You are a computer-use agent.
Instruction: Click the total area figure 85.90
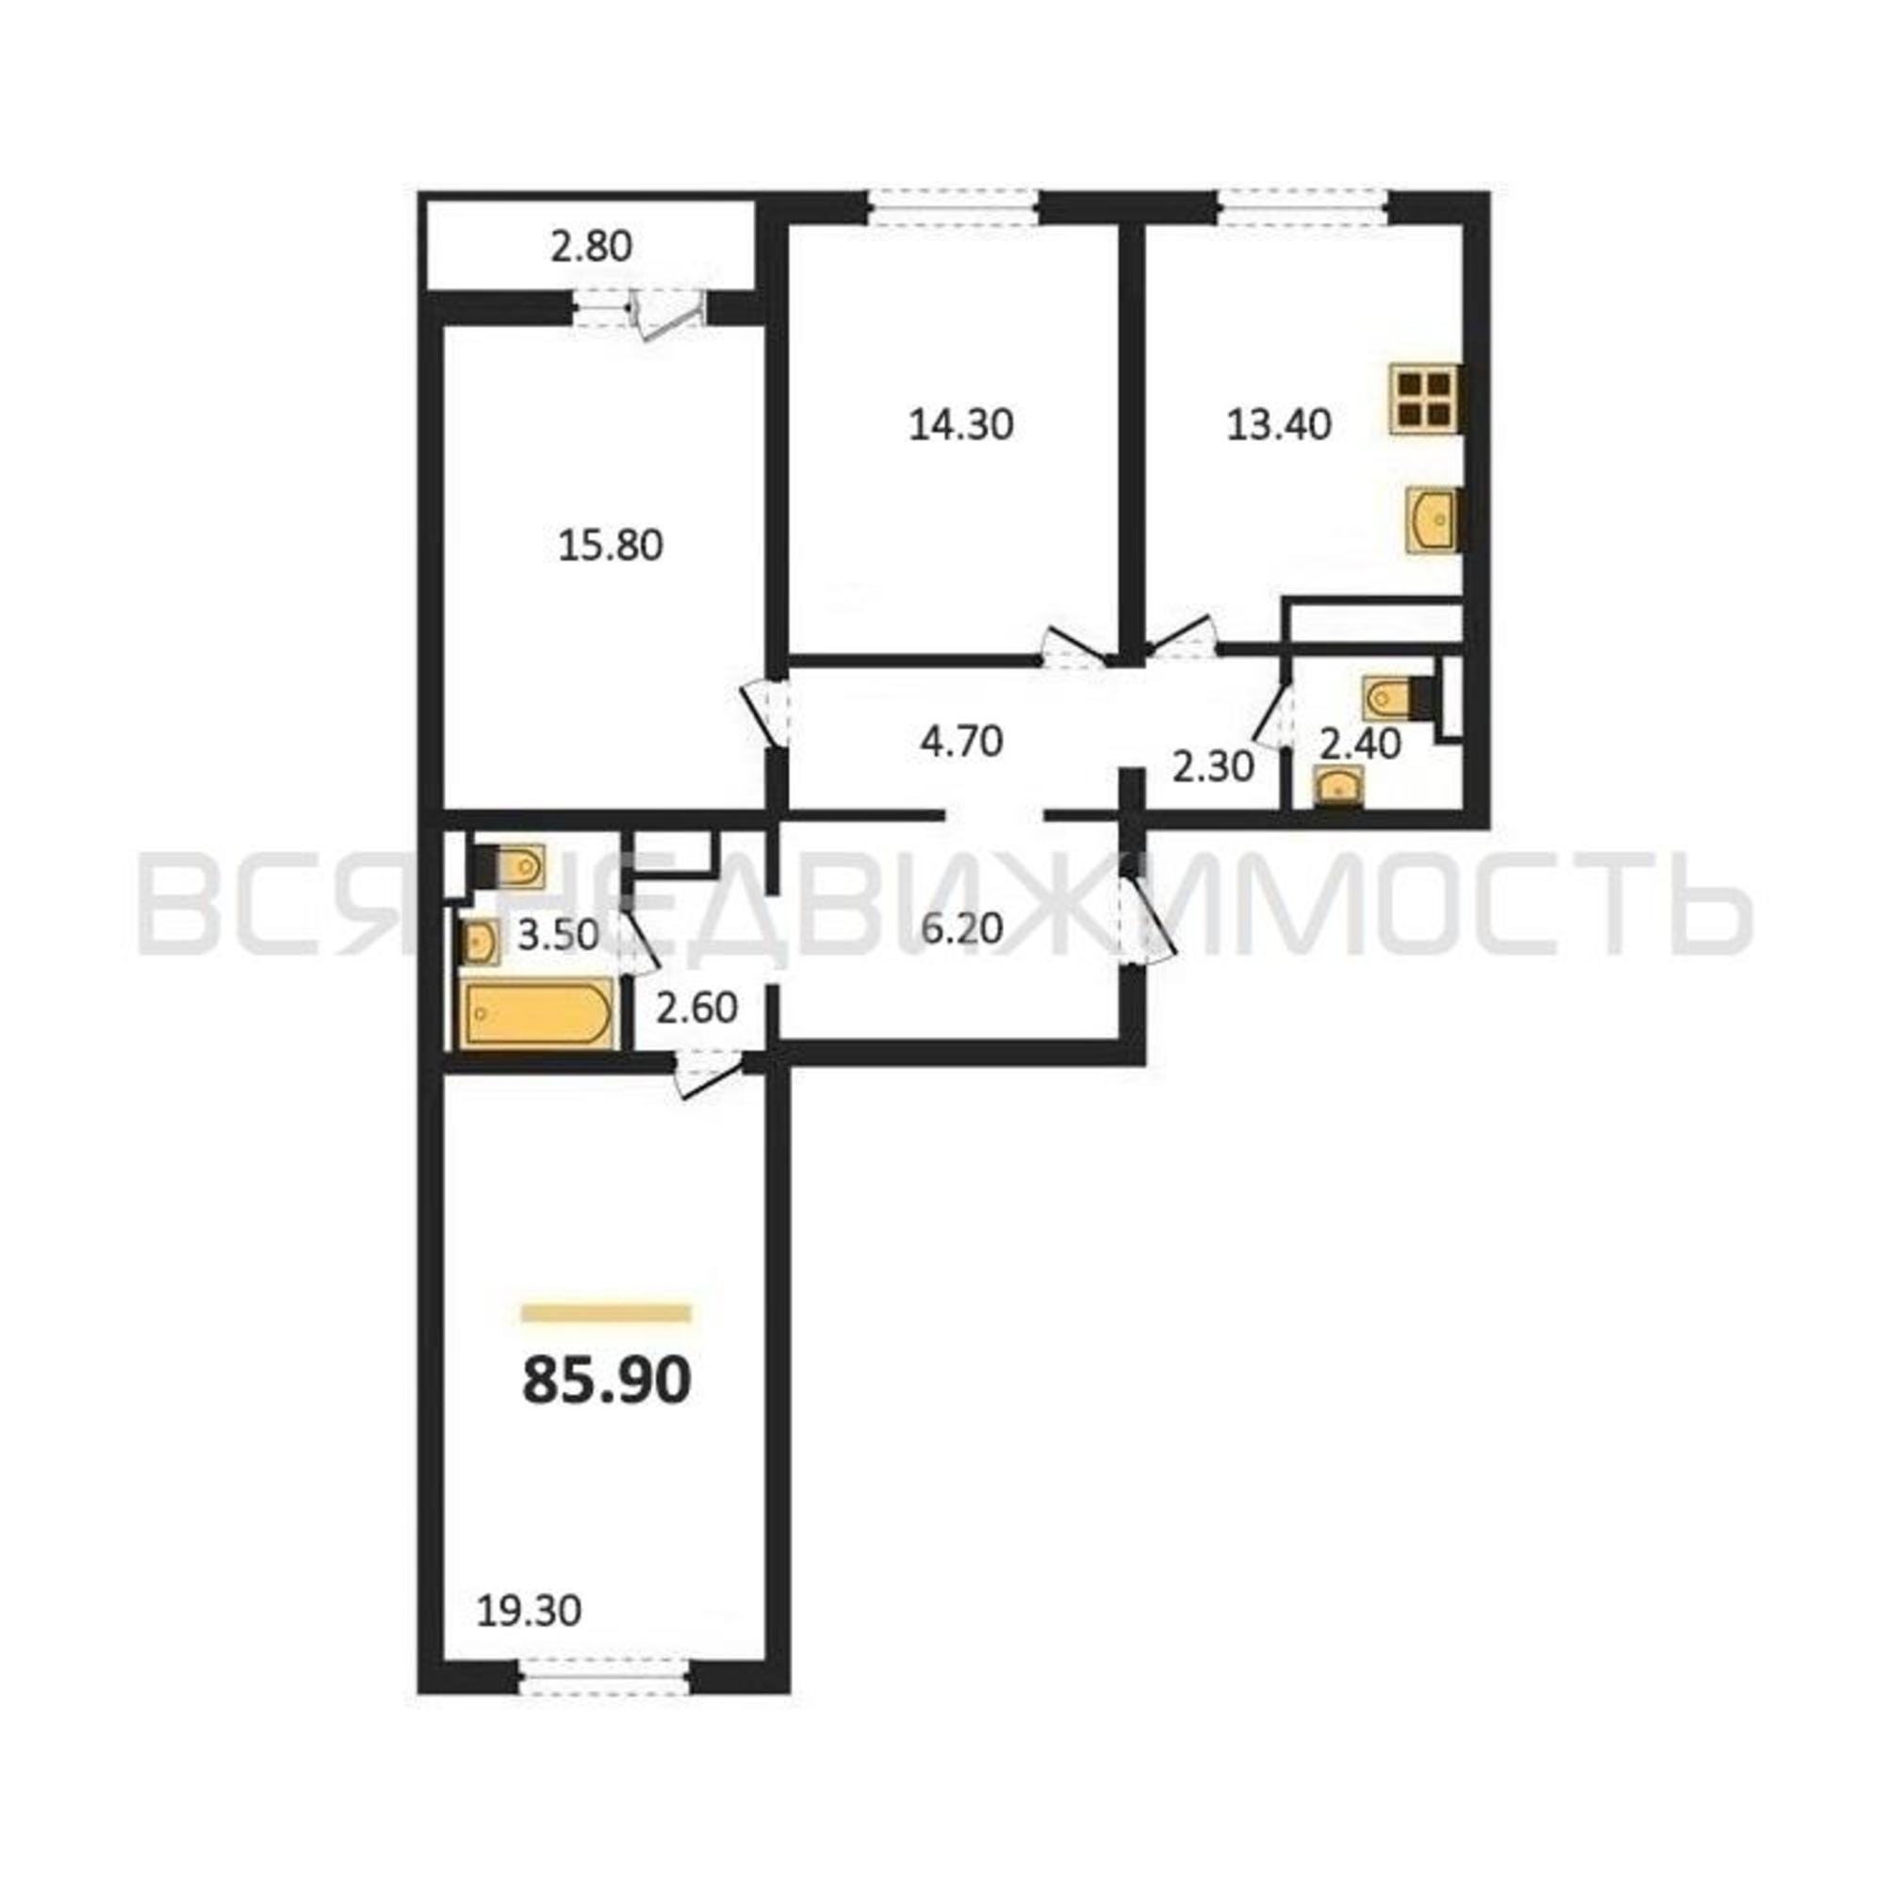tap(607, 1382)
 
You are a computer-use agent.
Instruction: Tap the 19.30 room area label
tap(529, 1611)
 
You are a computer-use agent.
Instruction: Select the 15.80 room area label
tap(611, 546)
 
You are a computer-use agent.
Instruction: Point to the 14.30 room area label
tap(961, 424)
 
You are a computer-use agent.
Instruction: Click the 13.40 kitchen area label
tap(1278, 424)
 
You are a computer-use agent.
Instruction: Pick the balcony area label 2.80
tap(591, 246)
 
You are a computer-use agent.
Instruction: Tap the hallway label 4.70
tap(961, 742)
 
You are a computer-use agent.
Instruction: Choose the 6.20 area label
tap(962, 927)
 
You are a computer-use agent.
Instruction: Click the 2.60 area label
tap(697, 1007)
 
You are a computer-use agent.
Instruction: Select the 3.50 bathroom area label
tap(558, 935)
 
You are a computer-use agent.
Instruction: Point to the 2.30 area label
tap(1213, 768)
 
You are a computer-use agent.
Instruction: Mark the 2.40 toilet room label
tap(1360, 745)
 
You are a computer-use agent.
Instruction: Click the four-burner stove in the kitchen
tap(1424, 399)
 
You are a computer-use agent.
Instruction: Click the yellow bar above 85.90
tap(607, 1313)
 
